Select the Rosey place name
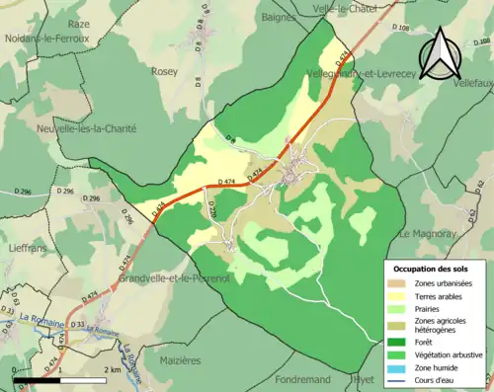point(165,71)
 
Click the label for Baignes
point(280,17)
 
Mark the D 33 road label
point(76,323)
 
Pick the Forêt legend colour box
point(397,338)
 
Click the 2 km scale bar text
point(111,369)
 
